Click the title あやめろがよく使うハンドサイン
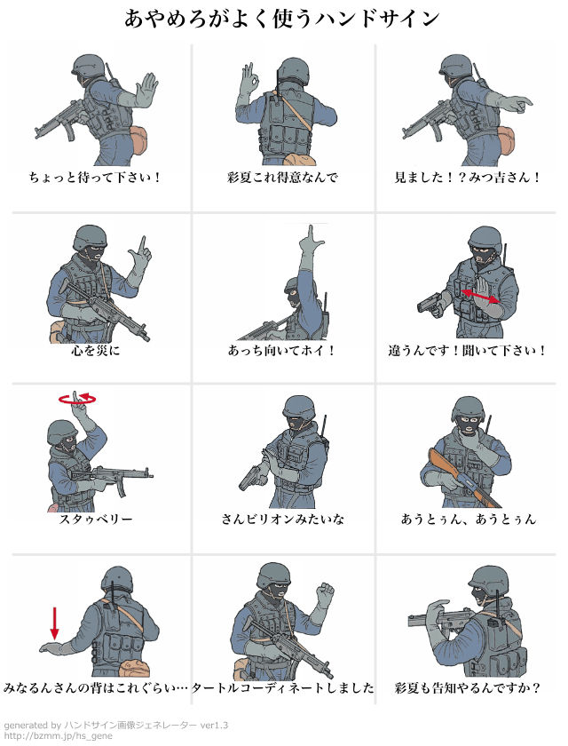click(282, 19)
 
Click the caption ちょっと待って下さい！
click(96, 178)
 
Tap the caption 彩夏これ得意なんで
click(283, 178)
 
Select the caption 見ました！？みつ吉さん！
click(468, 178)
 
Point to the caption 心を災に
click(96, 351)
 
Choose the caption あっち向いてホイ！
click(282, 351)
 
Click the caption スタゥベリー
click(96, 519)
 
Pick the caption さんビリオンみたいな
click(283, 519)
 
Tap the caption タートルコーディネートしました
click(283, 688)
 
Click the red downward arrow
click(55, 623)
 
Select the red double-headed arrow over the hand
click(480, 296)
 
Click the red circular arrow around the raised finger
click(77, 399)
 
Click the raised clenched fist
click(325, 593)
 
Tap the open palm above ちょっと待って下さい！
click(145, 91)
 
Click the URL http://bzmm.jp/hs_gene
click(59, 736)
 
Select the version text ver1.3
click(214, 725)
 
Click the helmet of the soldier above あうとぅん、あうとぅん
click(469, 409)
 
